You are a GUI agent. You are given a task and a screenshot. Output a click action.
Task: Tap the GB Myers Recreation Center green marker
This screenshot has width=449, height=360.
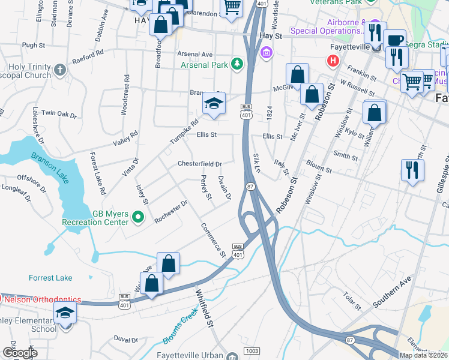pyautogui.click(x=139, y=217)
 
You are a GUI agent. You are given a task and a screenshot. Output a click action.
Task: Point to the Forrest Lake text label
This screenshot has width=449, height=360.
pyautogui.click(x=50, y=278)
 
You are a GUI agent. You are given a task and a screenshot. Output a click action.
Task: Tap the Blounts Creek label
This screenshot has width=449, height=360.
pyautogui.click(x=179, y=328)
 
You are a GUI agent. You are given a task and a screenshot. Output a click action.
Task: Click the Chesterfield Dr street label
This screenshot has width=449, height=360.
pyautogui.click(x=200, y=164)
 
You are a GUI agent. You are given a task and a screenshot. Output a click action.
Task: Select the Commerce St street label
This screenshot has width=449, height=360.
pyautogui.click(x=213, y=239)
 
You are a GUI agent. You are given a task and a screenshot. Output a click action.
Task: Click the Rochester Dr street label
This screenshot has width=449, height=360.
pyautogui.click(x=171, y=212)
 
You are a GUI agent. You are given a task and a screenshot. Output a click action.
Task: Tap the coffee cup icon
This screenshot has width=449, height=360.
pyautogui.click(x=394, y=40)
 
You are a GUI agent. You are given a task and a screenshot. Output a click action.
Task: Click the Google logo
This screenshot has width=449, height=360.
pyautogui.click(x=20, y=353)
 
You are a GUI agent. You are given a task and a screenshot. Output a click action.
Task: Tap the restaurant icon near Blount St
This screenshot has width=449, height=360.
pyautogui.click(x=412, y=169)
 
